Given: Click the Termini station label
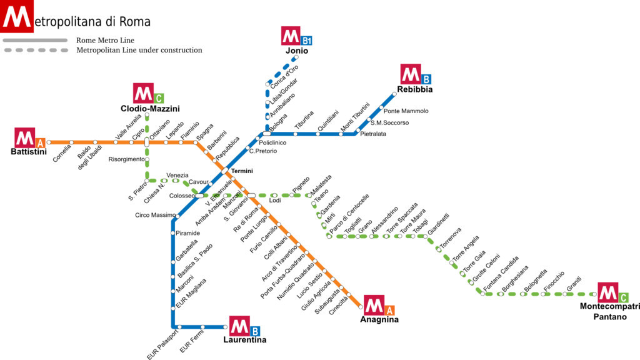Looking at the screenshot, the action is click(241, 171).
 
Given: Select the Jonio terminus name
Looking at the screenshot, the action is click(297, 51).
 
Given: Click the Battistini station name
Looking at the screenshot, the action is click(29, 152).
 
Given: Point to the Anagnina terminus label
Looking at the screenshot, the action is click(379, 319).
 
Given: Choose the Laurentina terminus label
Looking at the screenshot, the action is click(245, 340).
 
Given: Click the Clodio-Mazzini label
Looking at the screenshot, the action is click(150, 109).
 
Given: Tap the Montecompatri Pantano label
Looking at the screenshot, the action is click(610, 311).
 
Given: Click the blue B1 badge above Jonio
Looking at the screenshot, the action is click(306, 41).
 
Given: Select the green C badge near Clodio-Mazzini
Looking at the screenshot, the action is click(159, 97).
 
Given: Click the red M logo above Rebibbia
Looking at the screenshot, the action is click(411, 75).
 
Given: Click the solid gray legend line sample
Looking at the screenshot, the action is click(35, 40).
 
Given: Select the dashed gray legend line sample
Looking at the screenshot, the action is click(35, 50).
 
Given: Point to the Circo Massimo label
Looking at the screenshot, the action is click(155, 216).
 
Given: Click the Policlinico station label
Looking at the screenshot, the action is click(272, 142).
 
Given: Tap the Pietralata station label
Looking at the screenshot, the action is click(373, 134).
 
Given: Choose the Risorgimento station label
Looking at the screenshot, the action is click(126, 159).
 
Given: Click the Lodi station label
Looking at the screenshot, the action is click(275, 201).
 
